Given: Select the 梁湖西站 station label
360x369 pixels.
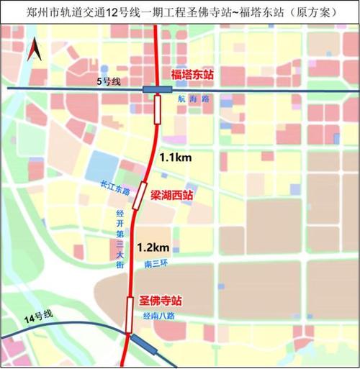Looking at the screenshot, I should pyautogui.click(x=171, y=194).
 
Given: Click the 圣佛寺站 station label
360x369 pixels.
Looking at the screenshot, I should pyautogui.click(x=158, y=300).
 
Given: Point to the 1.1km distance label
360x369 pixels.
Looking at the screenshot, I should pyautogui.click(x=175, y=156).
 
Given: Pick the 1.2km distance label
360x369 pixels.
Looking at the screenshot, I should pyautogui.click(x=153, y=247).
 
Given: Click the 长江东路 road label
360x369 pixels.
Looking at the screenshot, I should pyautogui.click(x=115, y=191).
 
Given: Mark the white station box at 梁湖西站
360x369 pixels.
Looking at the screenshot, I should pyautogui.click(x=142, y=186).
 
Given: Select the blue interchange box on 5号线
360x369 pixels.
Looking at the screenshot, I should pyautogui.click(x=156, y=89).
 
